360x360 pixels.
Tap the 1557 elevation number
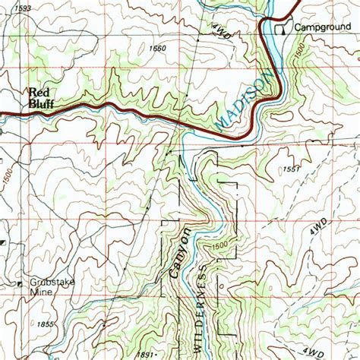291,169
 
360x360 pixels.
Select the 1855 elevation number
45,324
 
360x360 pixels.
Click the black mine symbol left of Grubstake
18,284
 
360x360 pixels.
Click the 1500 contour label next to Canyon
219,245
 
